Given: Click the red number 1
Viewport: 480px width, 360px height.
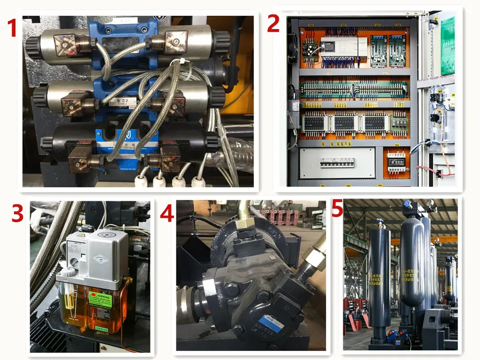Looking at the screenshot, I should [11, 28].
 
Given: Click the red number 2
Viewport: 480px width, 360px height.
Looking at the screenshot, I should [273, 23].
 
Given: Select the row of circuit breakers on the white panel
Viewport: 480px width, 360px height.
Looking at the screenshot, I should [337, 162].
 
